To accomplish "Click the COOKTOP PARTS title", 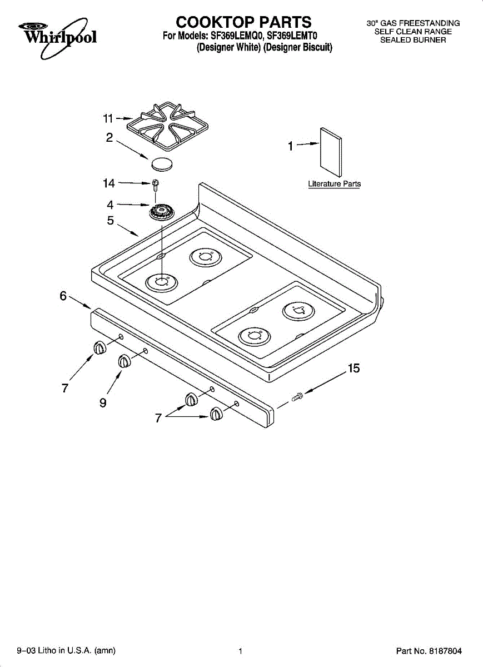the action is click(x=243, y=22).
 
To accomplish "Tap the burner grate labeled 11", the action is click(x=168, y=126).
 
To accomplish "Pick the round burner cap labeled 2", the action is click(x=162, y=163).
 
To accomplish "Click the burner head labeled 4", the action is click(x=161, y=212).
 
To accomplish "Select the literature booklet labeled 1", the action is click(x=331, y=152).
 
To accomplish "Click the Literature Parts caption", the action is click(x=334, y=184).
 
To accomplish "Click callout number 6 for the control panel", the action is click(x=63, y=296).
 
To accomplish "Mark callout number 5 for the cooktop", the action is click(x=111, y=221).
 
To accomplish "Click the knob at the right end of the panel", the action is click(x=216, y=414).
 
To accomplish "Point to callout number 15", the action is click(x=353, y=369).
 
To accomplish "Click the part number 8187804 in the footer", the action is click(x=445, y=651).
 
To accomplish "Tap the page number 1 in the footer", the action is click(x=240, y=651).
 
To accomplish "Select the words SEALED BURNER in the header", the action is click(x=413, y=40).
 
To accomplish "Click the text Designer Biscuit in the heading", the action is click(x=298, y=47).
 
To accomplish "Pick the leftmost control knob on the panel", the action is click(x=99, y=348).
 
